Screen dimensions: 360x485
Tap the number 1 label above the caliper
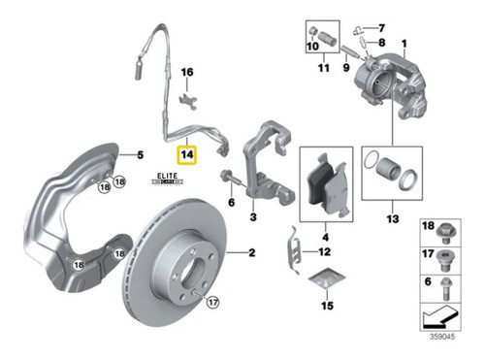click(404, 42)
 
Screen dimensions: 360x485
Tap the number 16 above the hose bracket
click(187, 73)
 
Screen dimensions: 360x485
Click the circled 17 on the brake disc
click(212, 303)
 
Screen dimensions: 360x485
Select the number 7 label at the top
click(381, 27)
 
